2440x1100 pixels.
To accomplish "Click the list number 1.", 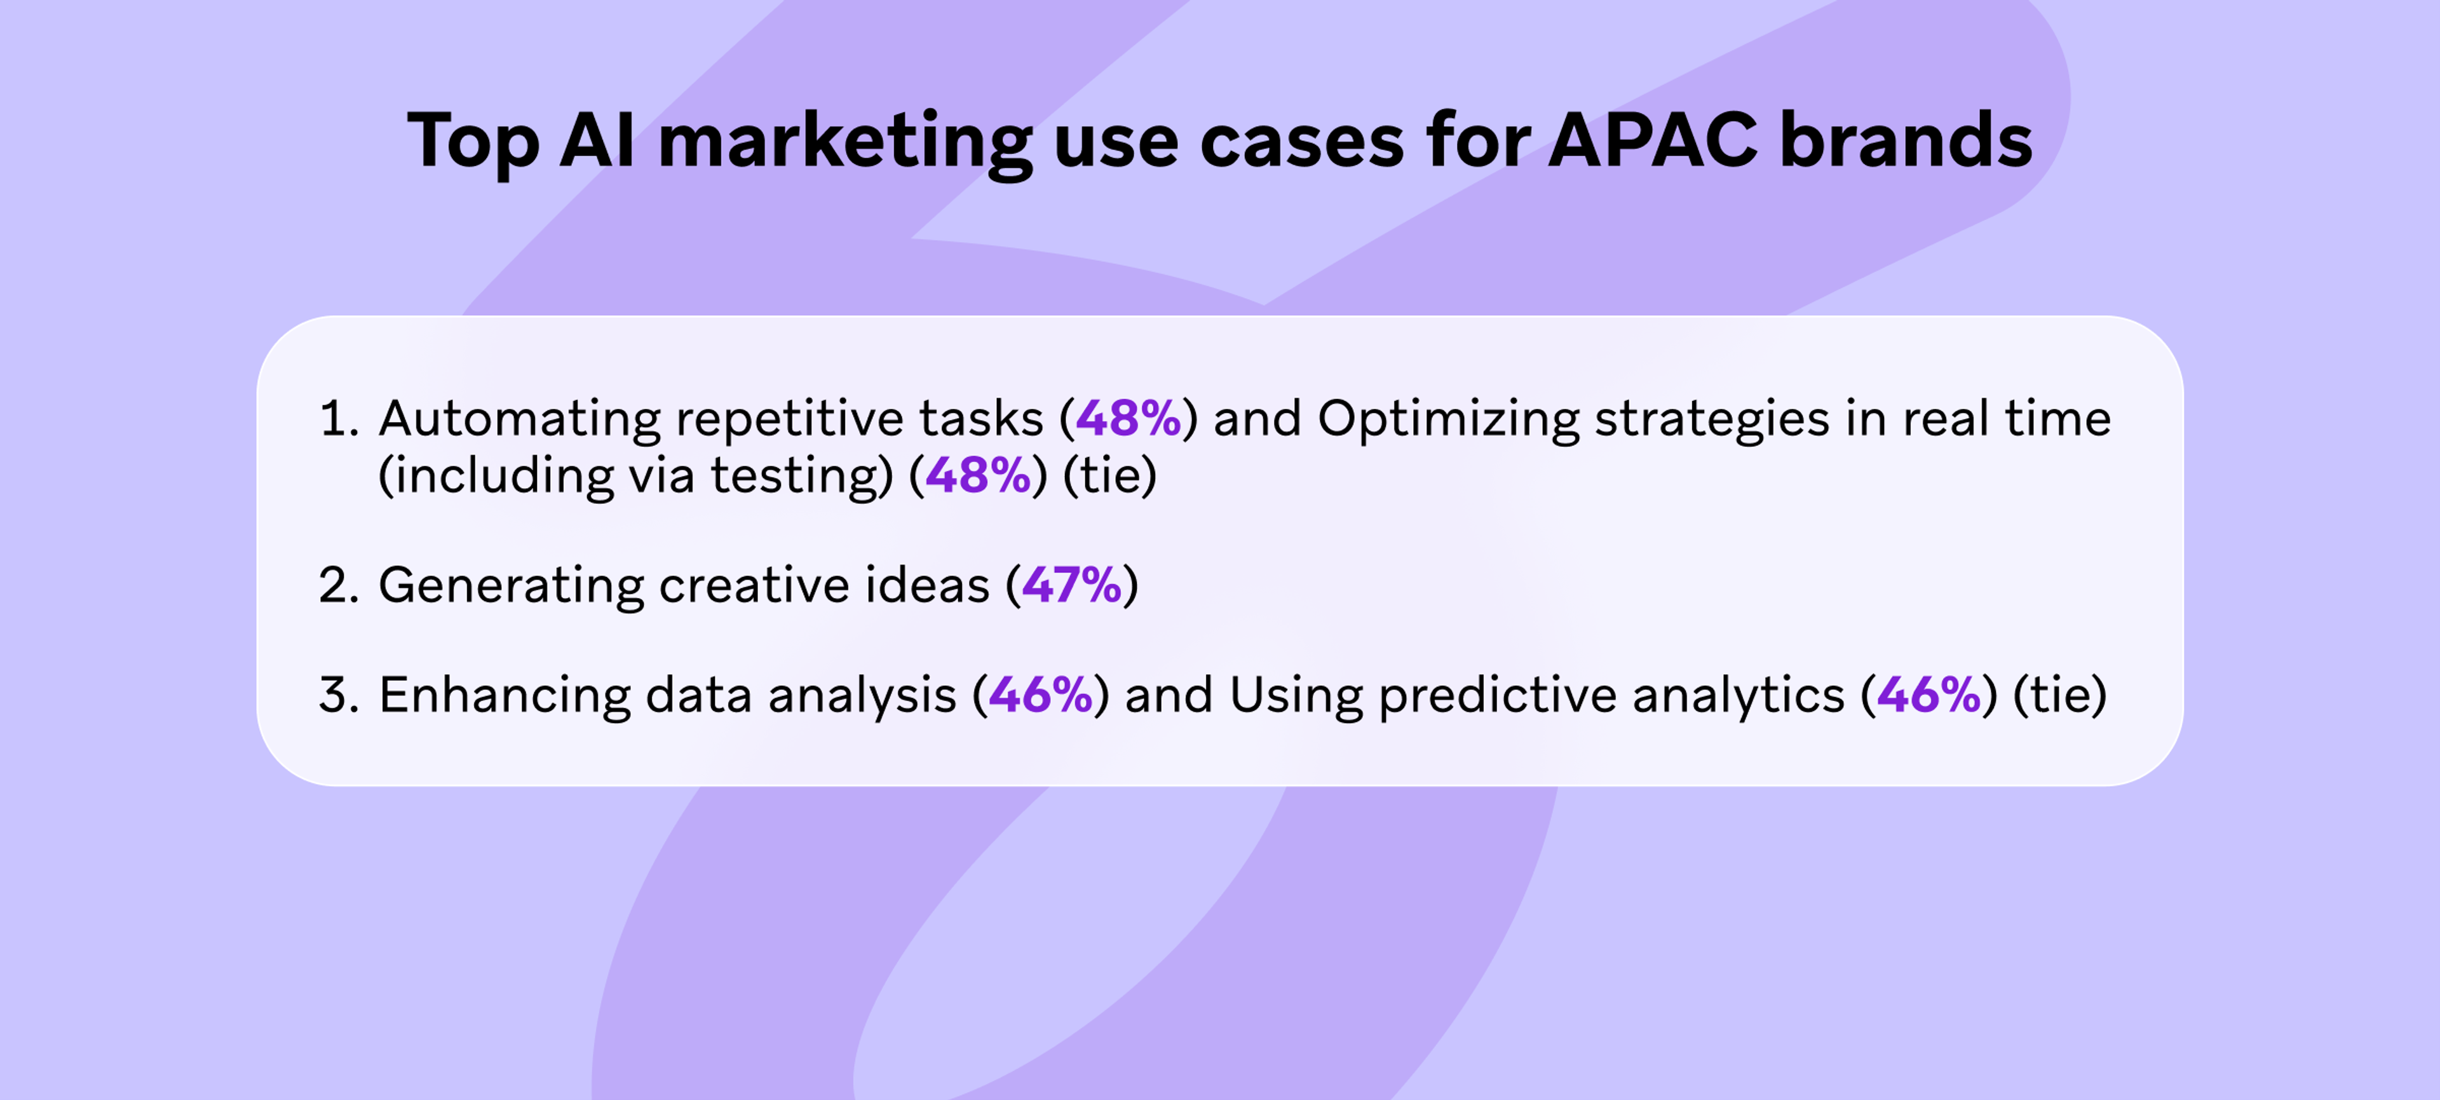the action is click(x=338, y=419).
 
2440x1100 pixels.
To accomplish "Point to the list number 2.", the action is click(x=338, y=585).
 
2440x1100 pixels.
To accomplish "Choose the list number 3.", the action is click(x=338, y=695).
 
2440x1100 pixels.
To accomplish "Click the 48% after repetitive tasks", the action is click(x=1128, y=418).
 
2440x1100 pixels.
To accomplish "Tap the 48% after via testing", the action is click(x=977, y=475).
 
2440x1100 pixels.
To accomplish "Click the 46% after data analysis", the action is click(x=1040, y=695).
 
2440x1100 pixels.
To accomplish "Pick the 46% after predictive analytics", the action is click(x=1928, y=695).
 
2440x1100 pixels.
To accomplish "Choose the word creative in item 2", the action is click(x=747, y=585).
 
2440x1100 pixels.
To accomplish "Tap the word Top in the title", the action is click(x=473, y=143).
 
